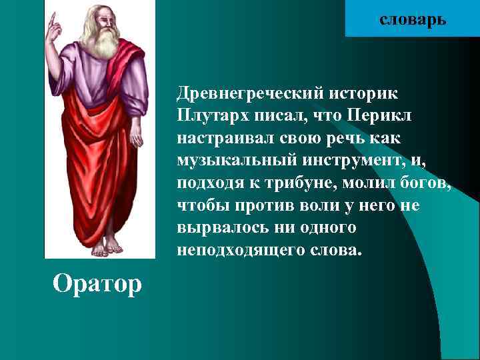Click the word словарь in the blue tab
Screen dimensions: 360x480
[413, 19]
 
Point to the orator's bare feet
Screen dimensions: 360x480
[107, 248]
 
